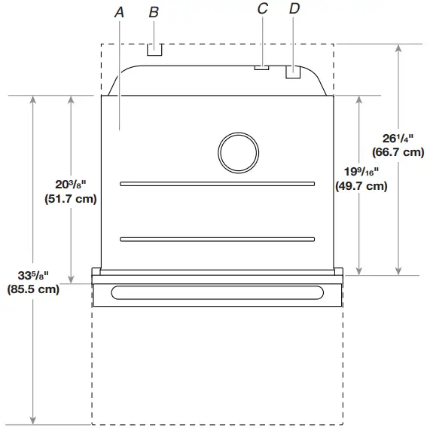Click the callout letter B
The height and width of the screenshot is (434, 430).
[154, 11]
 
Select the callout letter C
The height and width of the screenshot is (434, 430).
[263, 9]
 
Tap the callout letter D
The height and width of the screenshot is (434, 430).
[294, 9]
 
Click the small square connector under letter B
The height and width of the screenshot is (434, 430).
[154, 50]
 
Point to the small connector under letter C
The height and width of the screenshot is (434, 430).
[261, 67]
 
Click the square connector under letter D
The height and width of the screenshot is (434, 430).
[293, 72]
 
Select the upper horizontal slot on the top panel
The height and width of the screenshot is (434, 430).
[217, 183]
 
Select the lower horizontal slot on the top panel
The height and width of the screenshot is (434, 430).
[217, 240]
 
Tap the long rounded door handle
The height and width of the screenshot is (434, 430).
[217, 292]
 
